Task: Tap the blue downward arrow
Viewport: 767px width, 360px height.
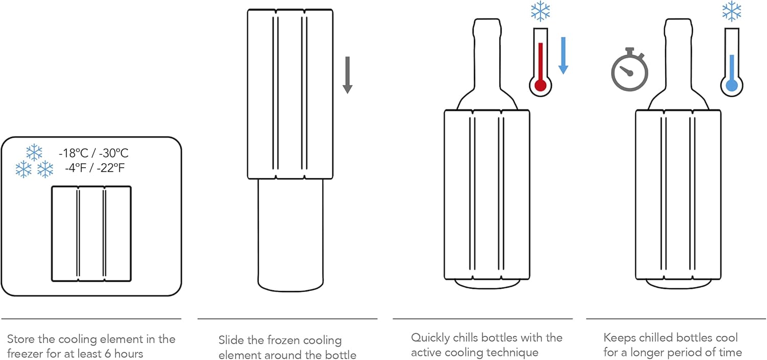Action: (x=563, y=55)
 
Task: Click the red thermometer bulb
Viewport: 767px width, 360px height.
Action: (x=540, y=85)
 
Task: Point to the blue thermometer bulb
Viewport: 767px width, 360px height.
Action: (x=732, y=85)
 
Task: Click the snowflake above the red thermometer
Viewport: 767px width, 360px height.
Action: (x=540, y=11)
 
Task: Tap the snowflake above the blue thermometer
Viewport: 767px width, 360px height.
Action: (x=732, y=11)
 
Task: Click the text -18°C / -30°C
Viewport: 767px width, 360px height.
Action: (x=94, y=153)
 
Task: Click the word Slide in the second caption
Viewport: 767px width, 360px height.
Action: (x=231, y=340)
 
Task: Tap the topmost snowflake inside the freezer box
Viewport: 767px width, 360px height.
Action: (x=34, y=152)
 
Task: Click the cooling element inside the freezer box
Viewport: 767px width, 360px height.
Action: (x=91, y=233)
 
